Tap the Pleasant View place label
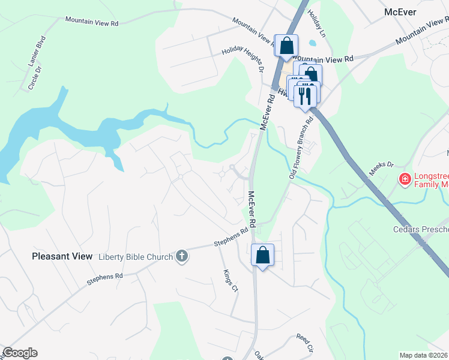62,256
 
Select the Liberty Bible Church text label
136,257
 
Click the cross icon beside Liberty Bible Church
182,257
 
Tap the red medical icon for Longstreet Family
405,179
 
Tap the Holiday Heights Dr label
243,59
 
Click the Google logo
20,352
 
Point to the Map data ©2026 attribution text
424,355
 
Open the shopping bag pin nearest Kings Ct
262,256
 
